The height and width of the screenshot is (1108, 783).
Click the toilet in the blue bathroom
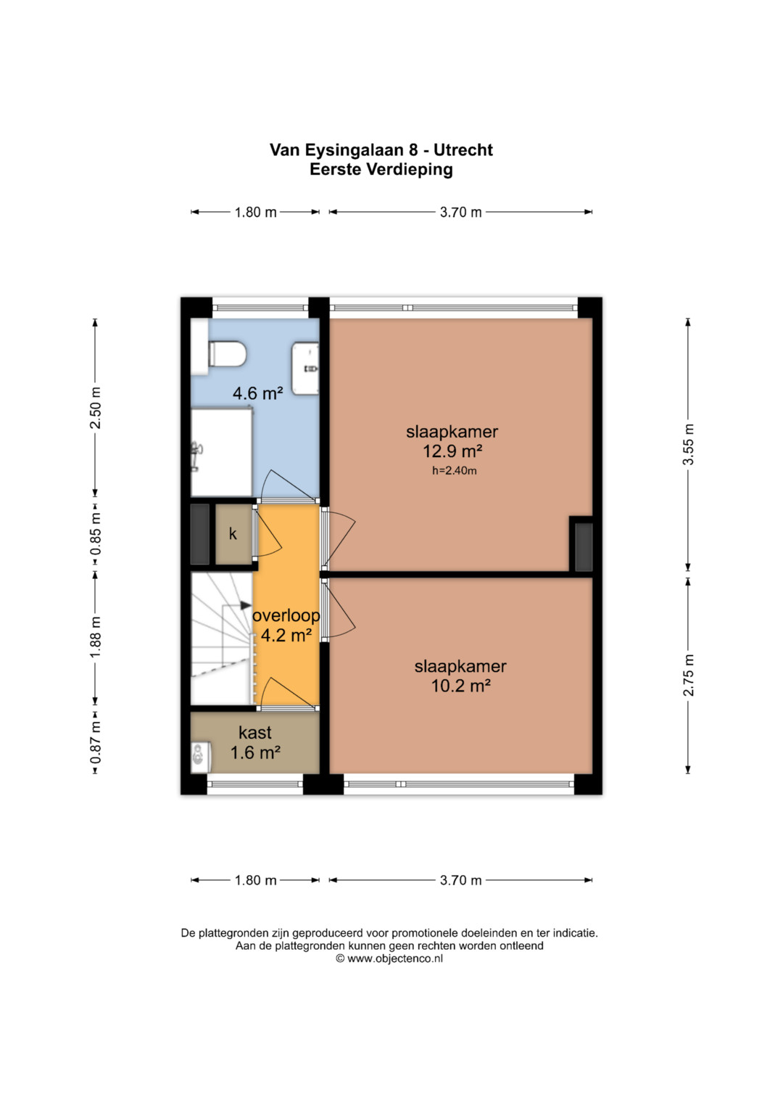[227, 353]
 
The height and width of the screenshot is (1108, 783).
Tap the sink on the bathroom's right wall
[305, 369]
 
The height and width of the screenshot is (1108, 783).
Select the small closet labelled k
[233, 534]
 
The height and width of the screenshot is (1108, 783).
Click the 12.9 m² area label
[452, 451]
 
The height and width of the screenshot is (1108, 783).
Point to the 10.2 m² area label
[460, 686]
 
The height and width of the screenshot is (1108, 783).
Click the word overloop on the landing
[286, 616]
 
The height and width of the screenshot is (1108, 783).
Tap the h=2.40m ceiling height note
[455, 470]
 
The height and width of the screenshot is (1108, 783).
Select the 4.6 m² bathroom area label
[257, 393]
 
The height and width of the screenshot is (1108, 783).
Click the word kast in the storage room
[255, 733]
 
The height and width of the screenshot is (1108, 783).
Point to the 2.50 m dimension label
[96, 408]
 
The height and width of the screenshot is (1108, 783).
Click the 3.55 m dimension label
[688, 444]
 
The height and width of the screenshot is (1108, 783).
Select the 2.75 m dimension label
[688, 675]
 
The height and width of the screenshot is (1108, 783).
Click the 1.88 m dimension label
[96, 638]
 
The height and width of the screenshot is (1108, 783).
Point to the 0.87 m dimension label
[96, 742]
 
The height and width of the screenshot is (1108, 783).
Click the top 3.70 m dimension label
[460, 212]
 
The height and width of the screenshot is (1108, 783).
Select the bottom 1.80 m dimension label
[255, 880]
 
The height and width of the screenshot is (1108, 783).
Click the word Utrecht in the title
[463, 150]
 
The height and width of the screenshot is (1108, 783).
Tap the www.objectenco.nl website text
[395, 958]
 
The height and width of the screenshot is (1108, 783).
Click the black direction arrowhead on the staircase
[246, 605]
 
